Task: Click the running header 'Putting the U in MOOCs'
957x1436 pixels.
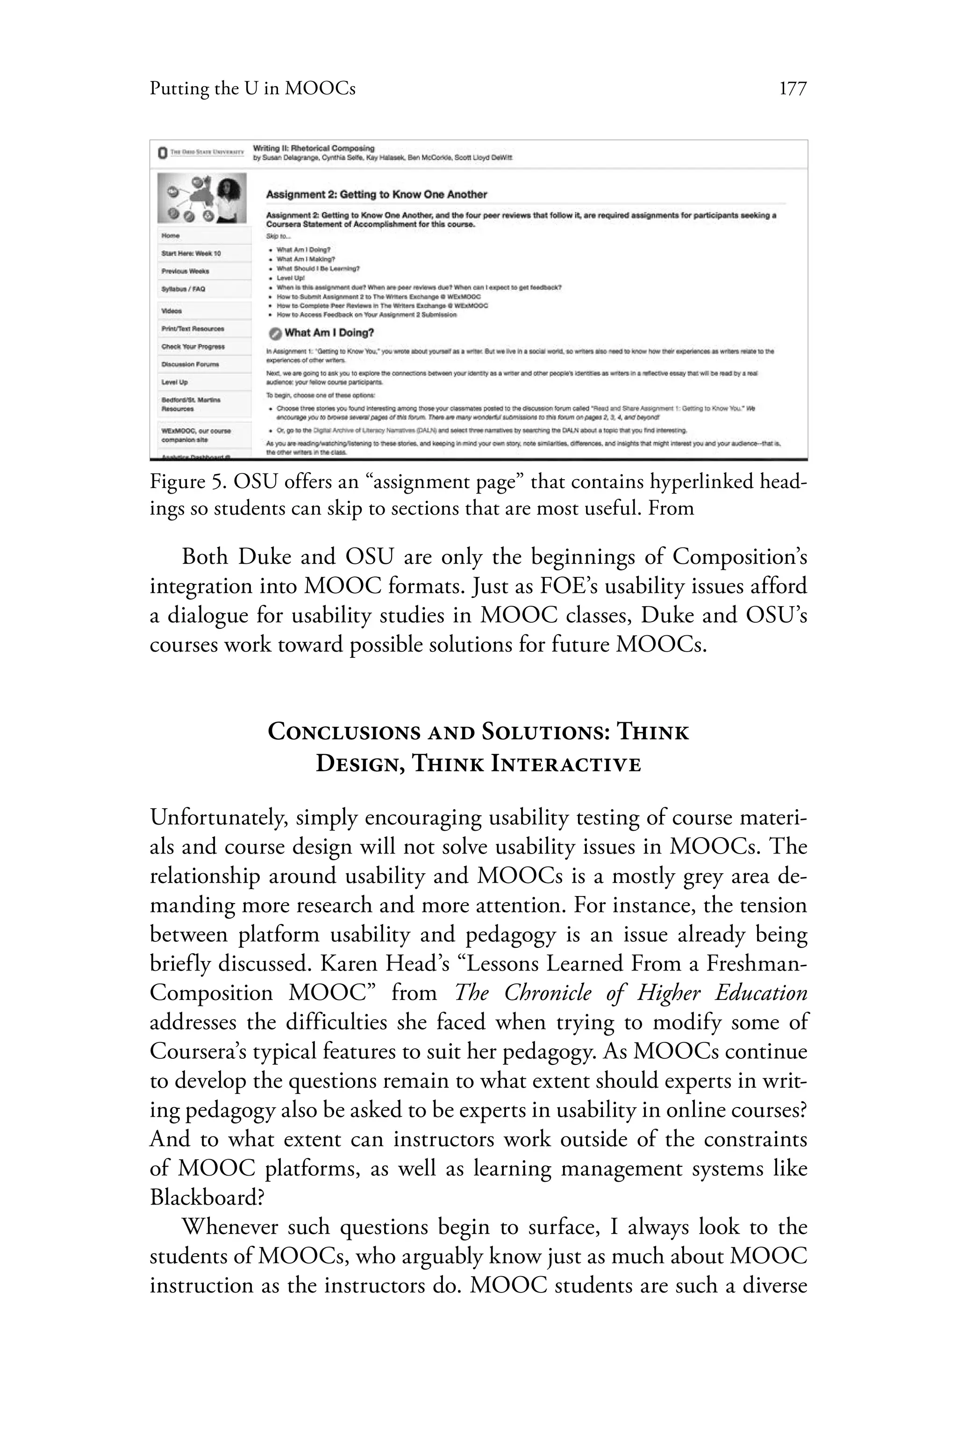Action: pos(252,89)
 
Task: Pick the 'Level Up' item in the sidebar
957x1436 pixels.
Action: pos(175,382)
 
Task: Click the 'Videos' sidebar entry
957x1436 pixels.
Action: pos(171,311)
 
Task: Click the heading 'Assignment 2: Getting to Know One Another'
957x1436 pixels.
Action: pos(376,195)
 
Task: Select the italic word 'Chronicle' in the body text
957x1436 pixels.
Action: pos(548,993)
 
